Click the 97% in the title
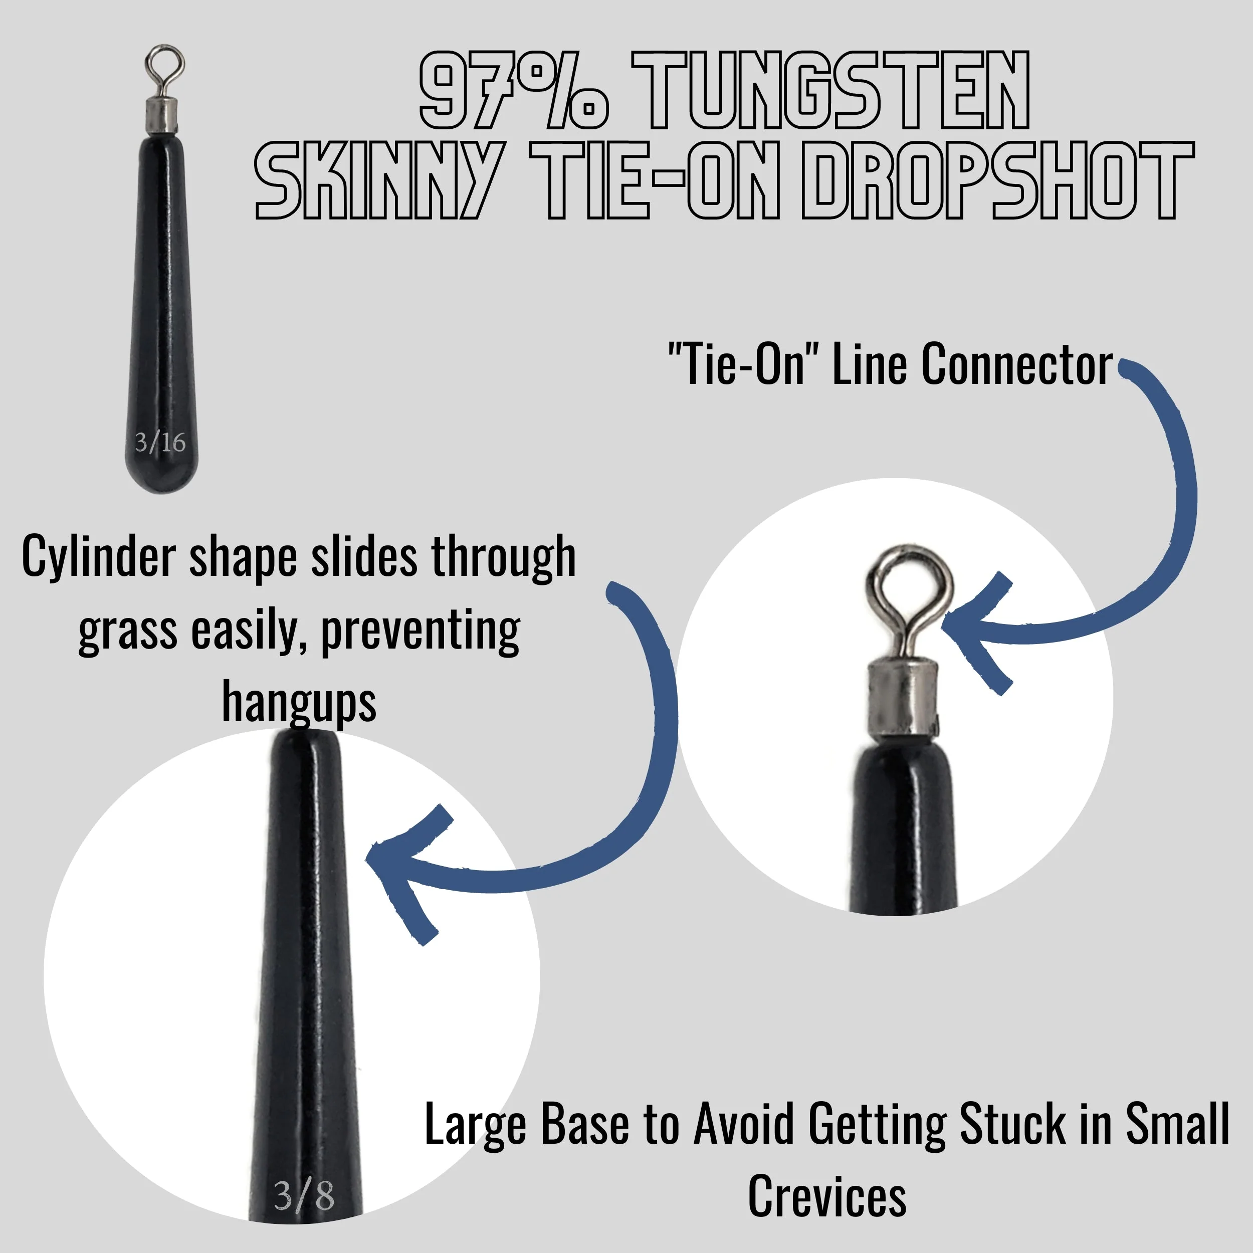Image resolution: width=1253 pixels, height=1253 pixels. click(512, 91)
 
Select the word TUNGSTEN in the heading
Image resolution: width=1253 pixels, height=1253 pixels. click(830, 91)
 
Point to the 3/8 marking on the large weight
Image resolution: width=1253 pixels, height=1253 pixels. click(304, 1195)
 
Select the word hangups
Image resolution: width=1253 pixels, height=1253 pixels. click(299, 702)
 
